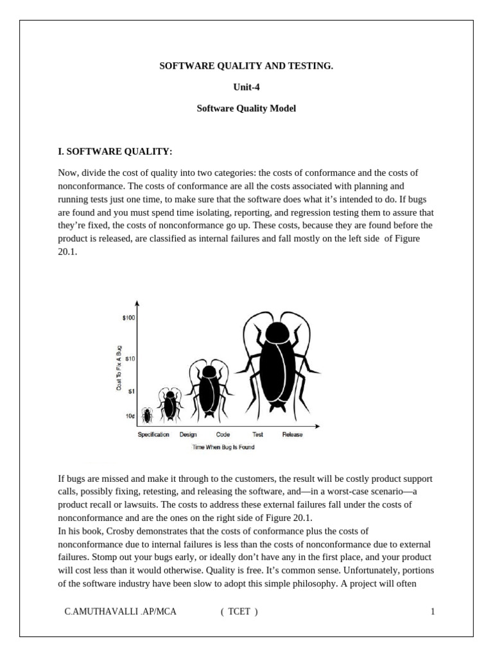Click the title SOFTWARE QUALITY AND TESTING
(x=246, y=65)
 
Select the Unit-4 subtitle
(x=246, y=87)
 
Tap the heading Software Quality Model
(x=246, y=108)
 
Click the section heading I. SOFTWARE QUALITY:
(x=116, y=151)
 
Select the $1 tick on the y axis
(x=131, y=391)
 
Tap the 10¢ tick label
(x=130, y=416)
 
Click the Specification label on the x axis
(x=153, y=434)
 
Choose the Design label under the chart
(x=188, y=434)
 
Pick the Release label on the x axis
(x=292, y=434)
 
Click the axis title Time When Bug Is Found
(x=223, y=447)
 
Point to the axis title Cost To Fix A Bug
(x=118, y=368)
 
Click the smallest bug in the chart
(x=147, y=416)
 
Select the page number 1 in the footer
(x=433, y=611)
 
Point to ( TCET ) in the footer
(x=239, y=611)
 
